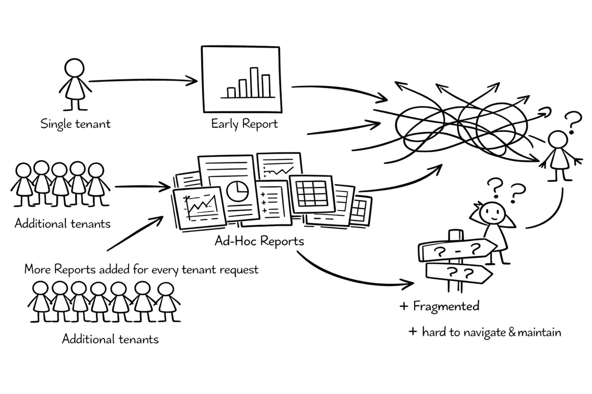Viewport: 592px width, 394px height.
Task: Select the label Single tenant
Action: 76,124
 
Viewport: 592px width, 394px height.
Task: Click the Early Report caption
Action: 244,124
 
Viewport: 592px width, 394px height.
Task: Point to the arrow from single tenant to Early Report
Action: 143,81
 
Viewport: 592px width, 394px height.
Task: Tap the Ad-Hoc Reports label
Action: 259,241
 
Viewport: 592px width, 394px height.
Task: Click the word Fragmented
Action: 446,306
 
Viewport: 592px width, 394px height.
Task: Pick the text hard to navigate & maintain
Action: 491,332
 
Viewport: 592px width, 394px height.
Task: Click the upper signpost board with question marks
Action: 457,250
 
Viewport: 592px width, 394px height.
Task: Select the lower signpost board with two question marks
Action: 458,272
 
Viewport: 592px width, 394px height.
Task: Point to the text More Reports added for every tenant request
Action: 141,269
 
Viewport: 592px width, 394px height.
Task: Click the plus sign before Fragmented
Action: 404,306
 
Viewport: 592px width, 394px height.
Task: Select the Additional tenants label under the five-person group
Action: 62,224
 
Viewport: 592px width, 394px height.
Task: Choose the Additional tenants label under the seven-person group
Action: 110,339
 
